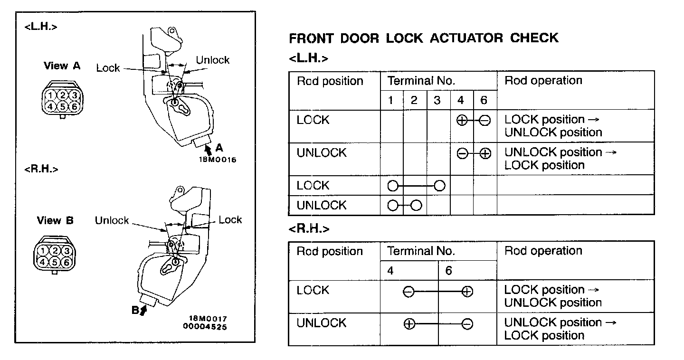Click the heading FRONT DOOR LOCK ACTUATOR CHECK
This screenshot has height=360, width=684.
423,38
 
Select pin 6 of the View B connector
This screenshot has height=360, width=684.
67,262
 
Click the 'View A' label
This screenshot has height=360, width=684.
62,66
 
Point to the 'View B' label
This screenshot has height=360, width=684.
55,220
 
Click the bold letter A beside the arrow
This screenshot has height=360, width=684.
219,147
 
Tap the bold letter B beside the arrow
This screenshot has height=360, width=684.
135,311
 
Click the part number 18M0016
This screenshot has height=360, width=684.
217,160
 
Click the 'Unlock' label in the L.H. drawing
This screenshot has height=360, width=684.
212,60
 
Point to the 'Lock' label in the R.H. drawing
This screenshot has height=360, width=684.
230,219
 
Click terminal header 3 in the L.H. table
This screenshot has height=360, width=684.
437,100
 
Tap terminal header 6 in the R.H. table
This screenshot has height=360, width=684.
448,270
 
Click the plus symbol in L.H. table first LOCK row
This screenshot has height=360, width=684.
461,121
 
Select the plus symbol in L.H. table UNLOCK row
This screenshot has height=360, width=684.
485,154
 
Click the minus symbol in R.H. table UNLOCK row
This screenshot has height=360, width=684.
467,324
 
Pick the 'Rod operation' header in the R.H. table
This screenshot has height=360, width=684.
543,251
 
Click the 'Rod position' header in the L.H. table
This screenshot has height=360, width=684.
330,81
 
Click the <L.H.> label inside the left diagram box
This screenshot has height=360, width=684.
41,27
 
